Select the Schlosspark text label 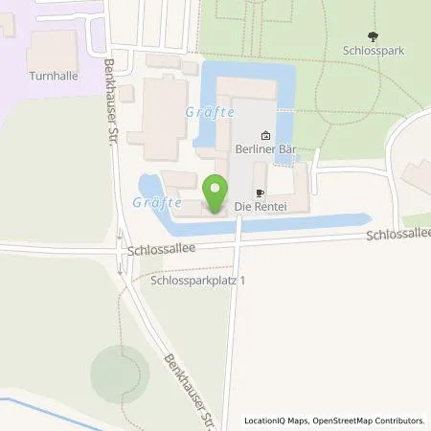pyautogui.click(x=369, y=45)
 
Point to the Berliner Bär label pyautogui.click(x=263, y=150)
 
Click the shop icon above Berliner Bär pyautogui.click(x=264, y=136)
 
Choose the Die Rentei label pyautogui.click(x=257, y=206)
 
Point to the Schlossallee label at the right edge pyautogui.click(x=398, y=235)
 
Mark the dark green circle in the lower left pyautogui.click(x=120, y=369)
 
